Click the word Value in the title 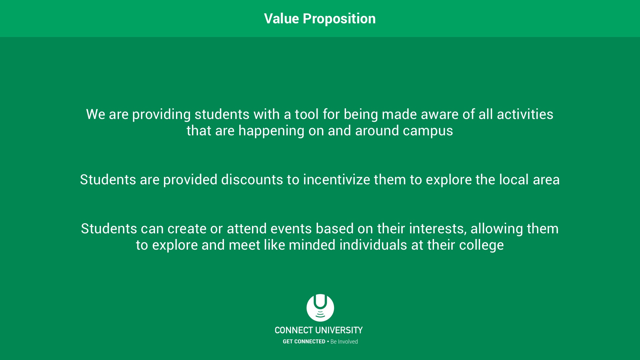point(281,19)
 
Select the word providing point(161,115)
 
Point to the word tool point(307,114)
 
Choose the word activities point(525,114)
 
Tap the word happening point(271,131)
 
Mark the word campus point(428,131)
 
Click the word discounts point(252,180)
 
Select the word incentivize point(337,180)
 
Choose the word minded point(312,245)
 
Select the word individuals point(373,245)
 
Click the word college point(481,245)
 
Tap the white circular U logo point(320,308)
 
